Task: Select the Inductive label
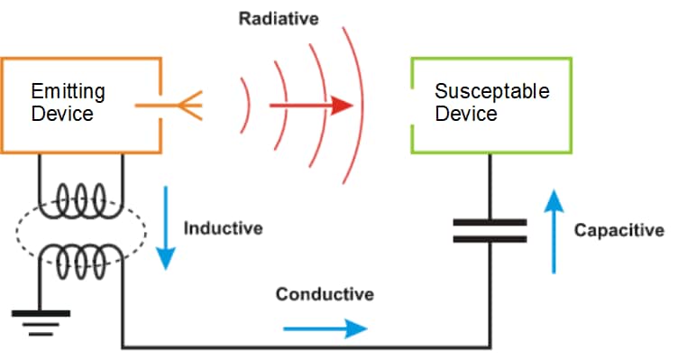pos(223,228)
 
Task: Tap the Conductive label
pos(325,294)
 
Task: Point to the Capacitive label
pos(618,231)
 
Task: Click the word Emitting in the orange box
pos(68,91)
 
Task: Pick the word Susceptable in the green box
pos(491,91)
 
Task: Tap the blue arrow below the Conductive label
pos(325,328)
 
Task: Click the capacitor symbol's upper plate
pos(490,221)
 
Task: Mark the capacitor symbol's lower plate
pos(490,239)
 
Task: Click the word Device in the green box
pos(465,114)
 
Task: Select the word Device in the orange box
pos(60,115)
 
